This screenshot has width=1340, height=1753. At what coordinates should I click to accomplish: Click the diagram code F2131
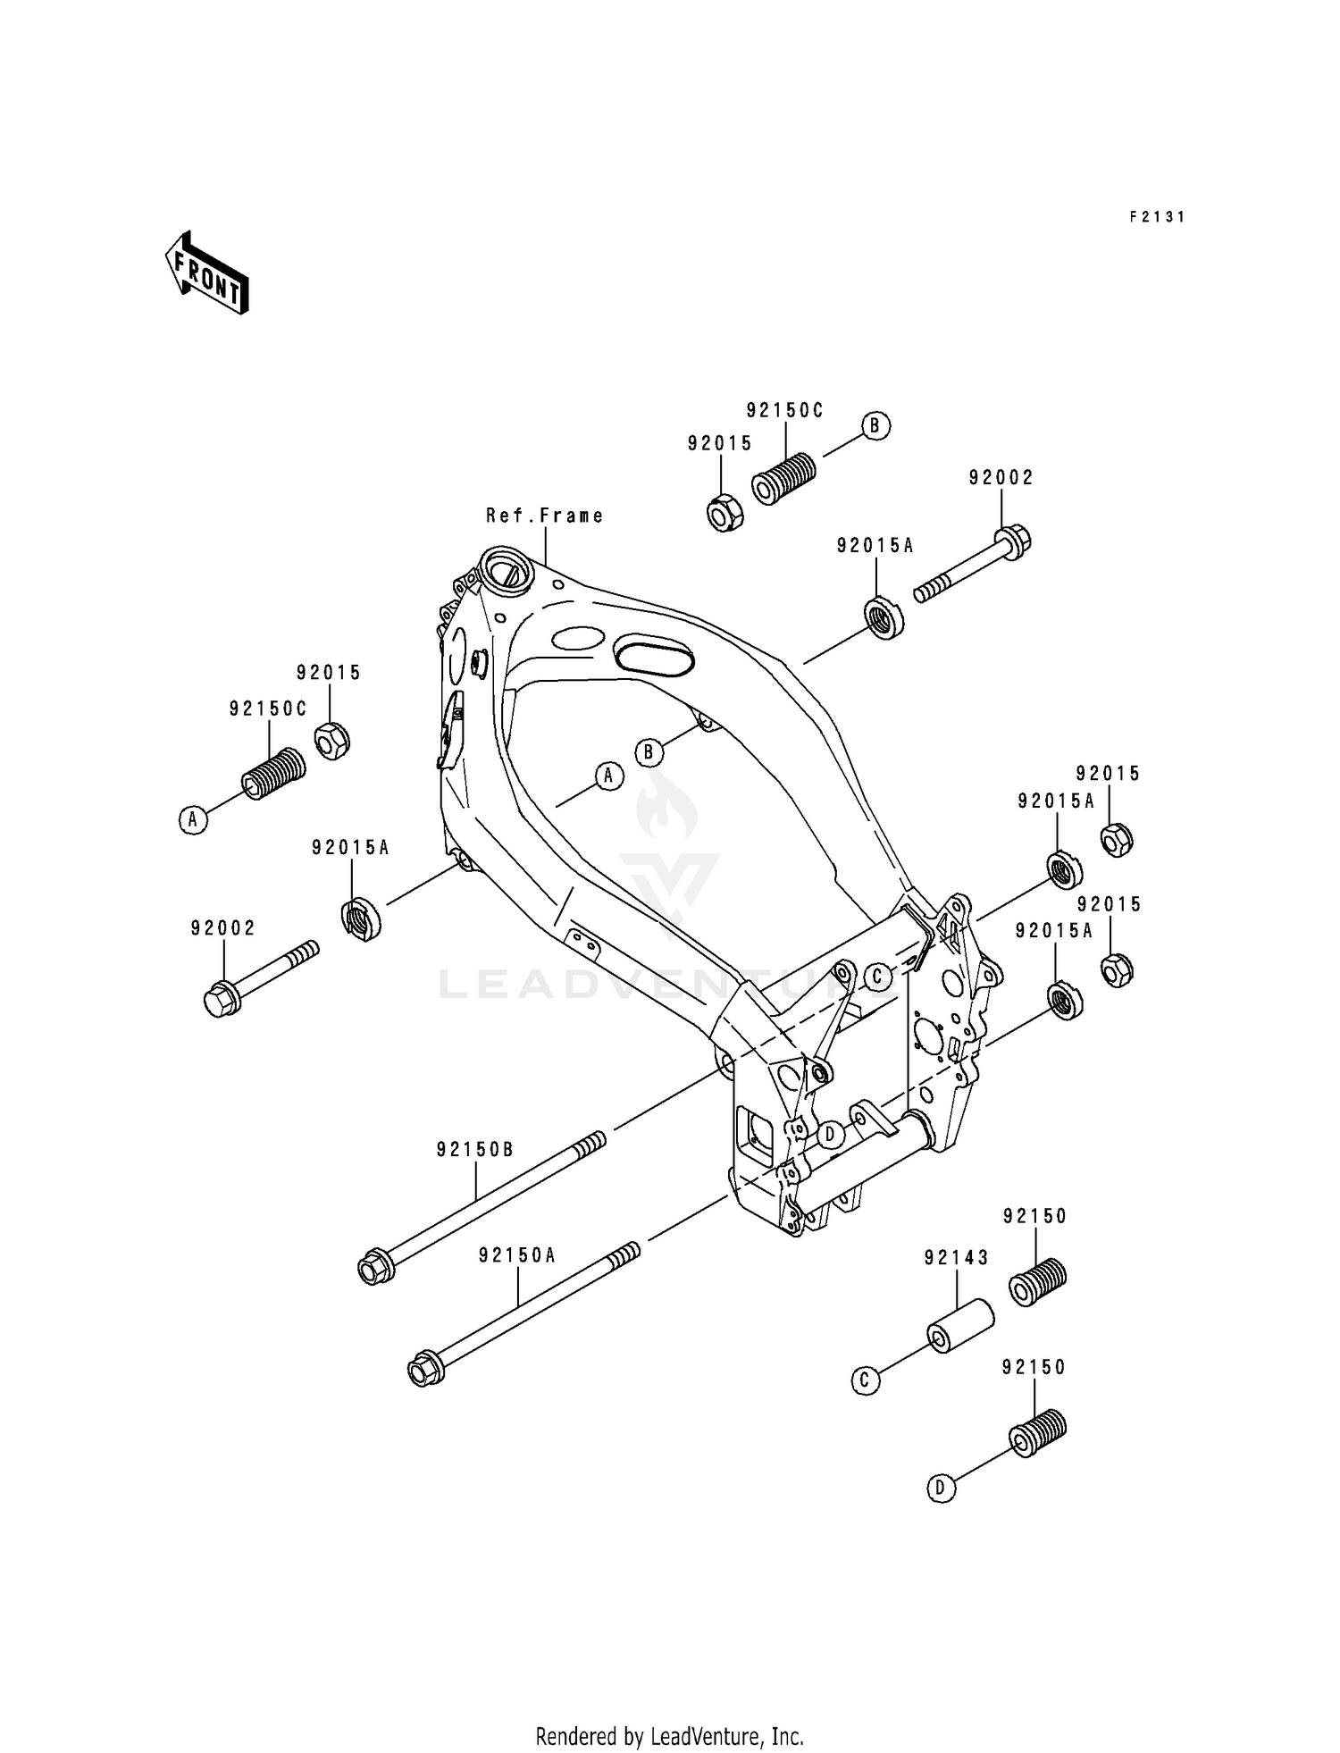(x=1156, y=216)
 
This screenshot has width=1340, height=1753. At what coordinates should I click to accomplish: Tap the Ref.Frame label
(x=544, y=516)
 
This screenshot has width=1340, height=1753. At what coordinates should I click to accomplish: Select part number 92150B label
(x=475, y=1150)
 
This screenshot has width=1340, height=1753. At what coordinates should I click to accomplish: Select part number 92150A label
(x=517, y=1254)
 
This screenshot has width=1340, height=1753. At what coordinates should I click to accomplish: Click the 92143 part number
(x=956, y=1258)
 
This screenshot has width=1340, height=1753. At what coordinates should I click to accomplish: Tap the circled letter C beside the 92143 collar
(x=865, y=1381)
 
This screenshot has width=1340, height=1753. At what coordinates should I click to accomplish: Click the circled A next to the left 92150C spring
(x=193, y=818)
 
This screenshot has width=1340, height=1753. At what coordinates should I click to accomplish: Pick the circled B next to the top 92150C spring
(x=875, y=425)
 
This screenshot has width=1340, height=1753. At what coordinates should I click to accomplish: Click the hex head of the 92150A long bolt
(x=420, y=1371)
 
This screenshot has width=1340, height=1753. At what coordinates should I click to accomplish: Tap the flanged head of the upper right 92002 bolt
(x=1014, y=541)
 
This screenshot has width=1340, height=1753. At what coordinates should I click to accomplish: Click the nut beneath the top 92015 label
(x=725, y=514)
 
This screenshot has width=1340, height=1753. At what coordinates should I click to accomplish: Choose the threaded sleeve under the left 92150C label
(x=273, y=774)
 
